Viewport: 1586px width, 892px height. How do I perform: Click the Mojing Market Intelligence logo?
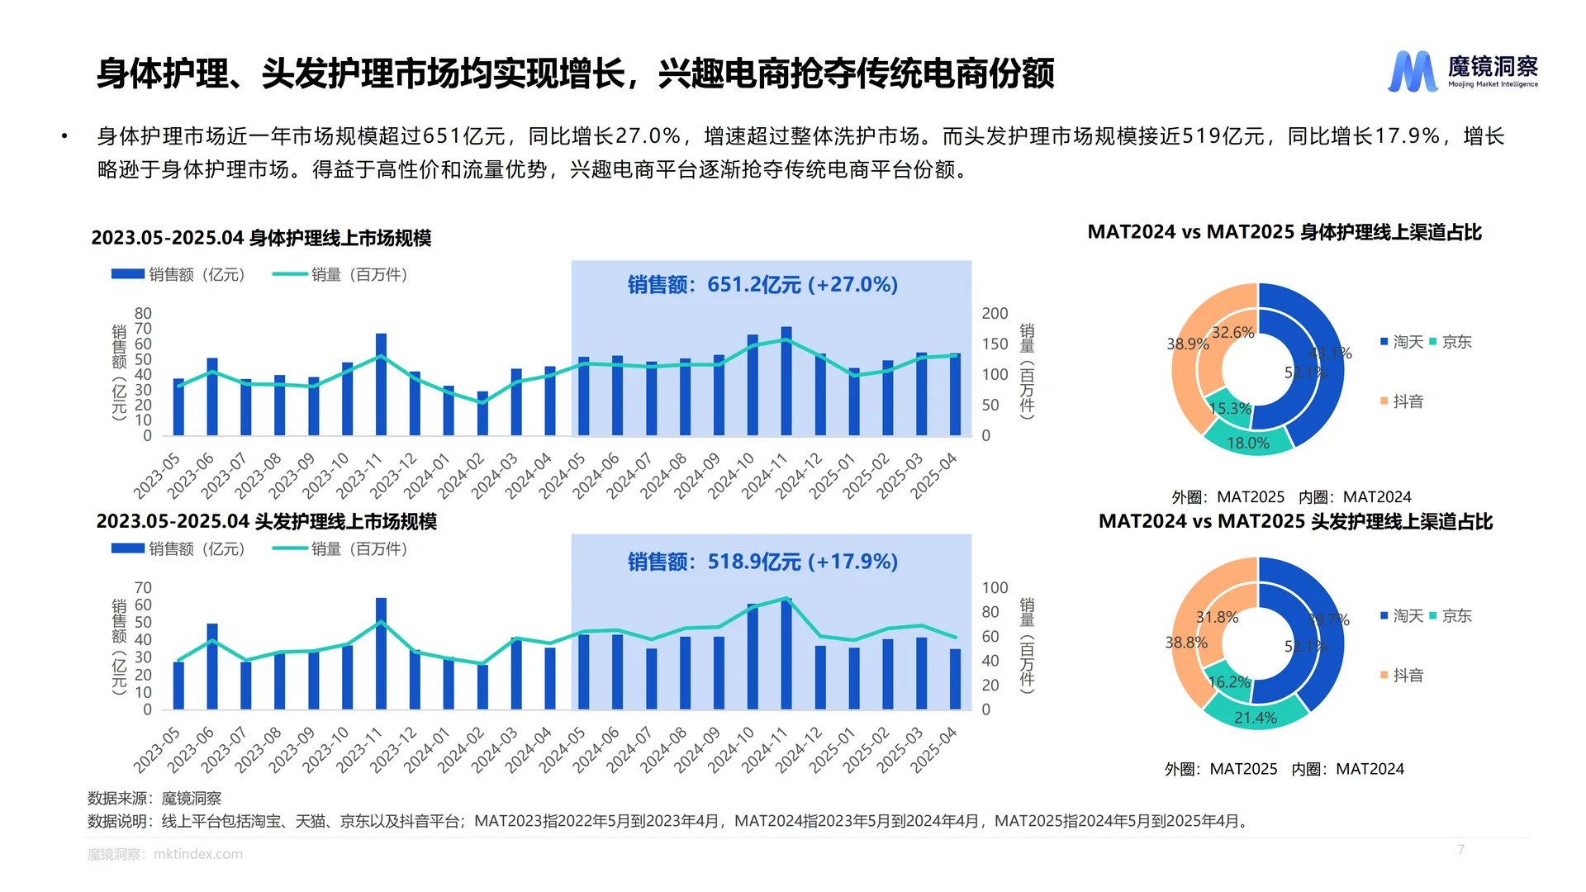click(1462, 71)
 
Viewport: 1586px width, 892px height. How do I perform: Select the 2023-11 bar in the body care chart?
click(381, 385)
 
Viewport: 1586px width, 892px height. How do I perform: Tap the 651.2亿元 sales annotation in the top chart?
click(762, 285)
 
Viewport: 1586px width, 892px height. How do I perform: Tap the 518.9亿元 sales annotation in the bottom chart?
click(762, 562)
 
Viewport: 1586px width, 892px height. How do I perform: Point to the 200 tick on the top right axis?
click(995, 314)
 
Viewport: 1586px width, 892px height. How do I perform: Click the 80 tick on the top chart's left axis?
click(143, 314)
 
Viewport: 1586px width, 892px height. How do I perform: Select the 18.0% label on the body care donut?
click(1247, 444)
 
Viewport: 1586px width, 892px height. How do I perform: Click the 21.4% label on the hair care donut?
click(1255, 718)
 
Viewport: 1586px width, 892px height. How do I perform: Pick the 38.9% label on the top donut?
click(1187, 344)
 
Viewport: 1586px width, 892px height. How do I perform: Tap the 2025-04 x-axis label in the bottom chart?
click(934, 750)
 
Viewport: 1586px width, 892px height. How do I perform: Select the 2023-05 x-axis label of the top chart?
click(157, 476)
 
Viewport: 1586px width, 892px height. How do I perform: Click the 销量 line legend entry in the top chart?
click(340, 275)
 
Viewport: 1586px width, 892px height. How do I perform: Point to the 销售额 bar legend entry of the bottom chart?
click(178, 549)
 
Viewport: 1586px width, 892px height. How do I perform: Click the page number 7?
click(1460, 850)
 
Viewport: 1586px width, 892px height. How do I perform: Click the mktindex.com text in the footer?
click(198, 854)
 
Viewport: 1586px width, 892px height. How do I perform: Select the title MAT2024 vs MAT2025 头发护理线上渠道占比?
click(1295, 522)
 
